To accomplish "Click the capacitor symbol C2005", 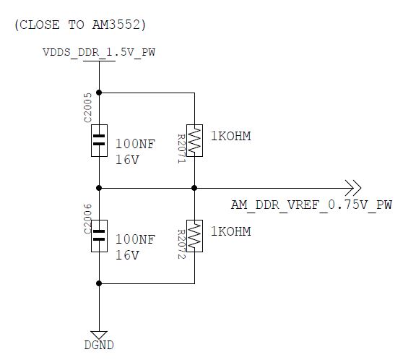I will [99, 140].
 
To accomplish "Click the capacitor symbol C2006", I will [99, 235].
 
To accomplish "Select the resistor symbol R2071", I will [194, 140].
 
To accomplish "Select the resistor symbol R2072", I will [194, 235].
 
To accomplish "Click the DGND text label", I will [99, 346].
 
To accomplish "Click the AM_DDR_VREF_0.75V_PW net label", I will [311, 205].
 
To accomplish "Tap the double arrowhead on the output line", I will [352, 187].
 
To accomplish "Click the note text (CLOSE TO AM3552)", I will [79, 25].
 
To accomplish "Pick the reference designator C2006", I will [87, 219].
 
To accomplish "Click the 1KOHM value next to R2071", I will [230, 135].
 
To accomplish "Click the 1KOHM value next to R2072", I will [230, 231].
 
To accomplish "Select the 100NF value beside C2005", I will [135, 144].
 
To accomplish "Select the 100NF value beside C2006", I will [135, 239].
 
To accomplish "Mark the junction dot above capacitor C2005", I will [99, 93].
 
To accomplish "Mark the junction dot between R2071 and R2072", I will [194, 187].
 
